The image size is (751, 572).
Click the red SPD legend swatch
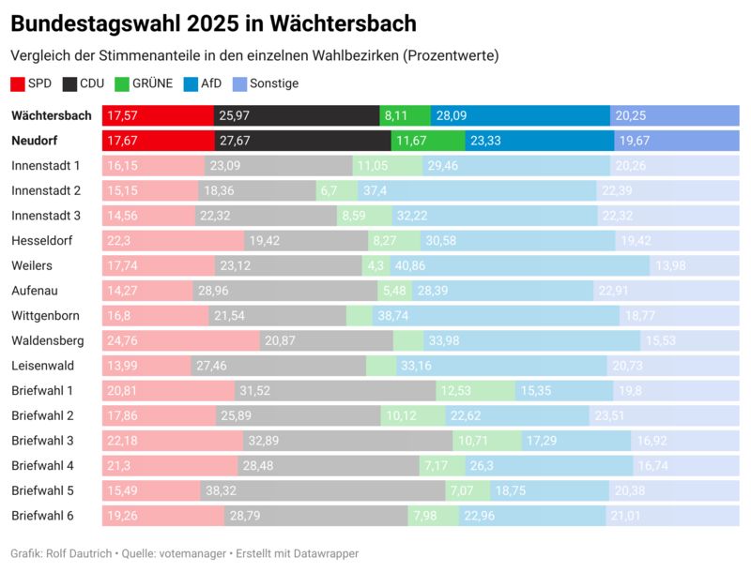point(18,83)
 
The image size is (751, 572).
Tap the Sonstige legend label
point(274,83)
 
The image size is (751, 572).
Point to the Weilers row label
point(32,265)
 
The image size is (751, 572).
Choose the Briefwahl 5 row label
point(42,490)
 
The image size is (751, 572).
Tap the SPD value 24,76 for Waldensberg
point(125,340)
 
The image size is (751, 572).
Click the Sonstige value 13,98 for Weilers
point(670,266)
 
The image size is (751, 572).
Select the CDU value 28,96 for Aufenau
point(213,291)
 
